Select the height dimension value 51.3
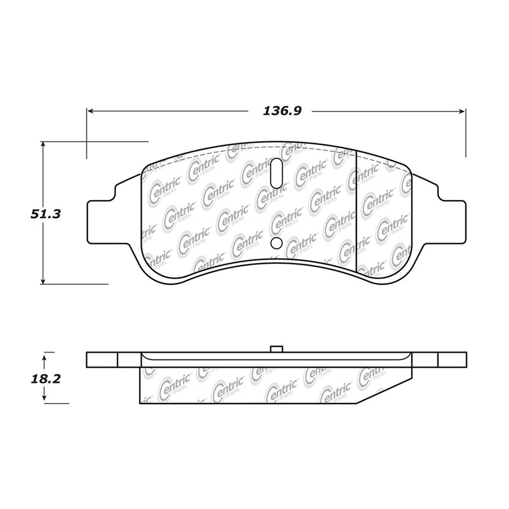(x=45, y=214)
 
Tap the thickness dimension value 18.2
(x=45, y=380)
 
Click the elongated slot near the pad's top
(x=276, y=172)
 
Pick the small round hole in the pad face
(x=276, y=243)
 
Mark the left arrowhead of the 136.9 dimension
(x=91, y=111)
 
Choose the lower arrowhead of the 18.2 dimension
(x=45, y=400)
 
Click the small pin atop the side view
(x=276, y=349)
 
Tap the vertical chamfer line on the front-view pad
(x=355, y=212)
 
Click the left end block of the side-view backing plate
(x=102, y=359)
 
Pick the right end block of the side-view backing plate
(x=452, y=359)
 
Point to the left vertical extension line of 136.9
(x=86, y=133)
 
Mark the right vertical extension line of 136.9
(x=466, y=133)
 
